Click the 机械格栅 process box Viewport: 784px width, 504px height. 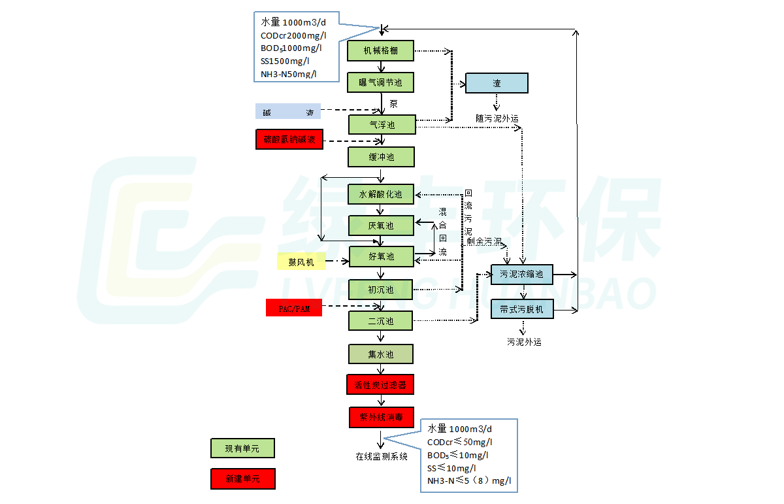pyautogui.click(x=381, y=51)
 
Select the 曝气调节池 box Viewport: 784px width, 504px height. pyautogui.click(x=381, y=82)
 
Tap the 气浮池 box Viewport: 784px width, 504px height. pyautogui.click(x=382, y=124)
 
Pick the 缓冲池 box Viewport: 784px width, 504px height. pyautogui.click(x=382, y=157)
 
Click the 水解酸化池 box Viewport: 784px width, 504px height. pyautogui.click(x=381, y=194)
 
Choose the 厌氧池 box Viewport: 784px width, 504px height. pyautogui.click(x=381, y=226)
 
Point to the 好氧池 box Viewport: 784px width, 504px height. pyautogui.click(x=382, y=257)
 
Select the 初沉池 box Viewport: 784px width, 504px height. pyautogui.click(x=381, y=290)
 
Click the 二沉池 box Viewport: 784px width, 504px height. pyautogui.click(x=381, y=321)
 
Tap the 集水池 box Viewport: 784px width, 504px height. pyautogui.click(x=381, y=354)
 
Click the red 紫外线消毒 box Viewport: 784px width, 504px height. pyautogui.click(x=381, y=417)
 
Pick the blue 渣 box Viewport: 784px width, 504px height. pyautogui.click(x=497, y=83)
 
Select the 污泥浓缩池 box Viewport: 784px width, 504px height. pyautogui.click(x=522, y=274)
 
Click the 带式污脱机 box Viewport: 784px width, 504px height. pyautogui.click(x=522, y=309)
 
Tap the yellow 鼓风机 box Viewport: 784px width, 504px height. pyautogui.click(x=301, y=262)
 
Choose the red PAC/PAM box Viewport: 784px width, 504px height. pyautogui.click(x=294, y=308)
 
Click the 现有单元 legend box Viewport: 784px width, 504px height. pyautogui.click(x=242, y=448)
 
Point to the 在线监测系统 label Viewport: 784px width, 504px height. pyautogui.click(x=382, y=456)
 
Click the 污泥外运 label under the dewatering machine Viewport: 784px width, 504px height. pyautogui.click(x=524, y=341)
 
